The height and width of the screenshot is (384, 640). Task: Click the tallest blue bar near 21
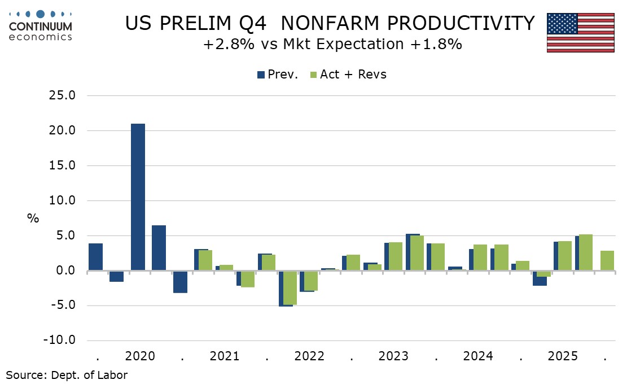[x=138, y=197]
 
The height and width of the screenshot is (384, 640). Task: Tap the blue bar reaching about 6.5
[x=159, y=248]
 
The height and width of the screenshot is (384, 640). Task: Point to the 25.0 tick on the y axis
[x=62, y=95]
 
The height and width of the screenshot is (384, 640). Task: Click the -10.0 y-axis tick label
[x=60, y=341]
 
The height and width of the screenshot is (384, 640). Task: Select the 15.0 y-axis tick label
[x=62, y=165]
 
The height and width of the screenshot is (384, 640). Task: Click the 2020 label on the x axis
[x=140, y=356]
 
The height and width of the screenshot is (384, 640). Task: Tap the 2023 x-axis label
[x=393, y=356]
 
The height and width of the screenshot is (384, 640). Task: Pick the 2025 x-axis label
[x=563, y=356]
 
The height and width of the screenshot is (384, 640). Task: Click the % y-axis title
[x=33, y=218]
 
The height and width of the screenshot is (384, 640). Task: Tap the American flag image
[x=580, y=33]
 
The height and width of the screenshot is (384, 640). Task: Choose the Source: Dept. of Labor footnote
[x=67, y=375]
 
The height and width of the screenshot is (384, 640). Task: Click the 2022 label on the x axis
[x=309, y=356]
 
